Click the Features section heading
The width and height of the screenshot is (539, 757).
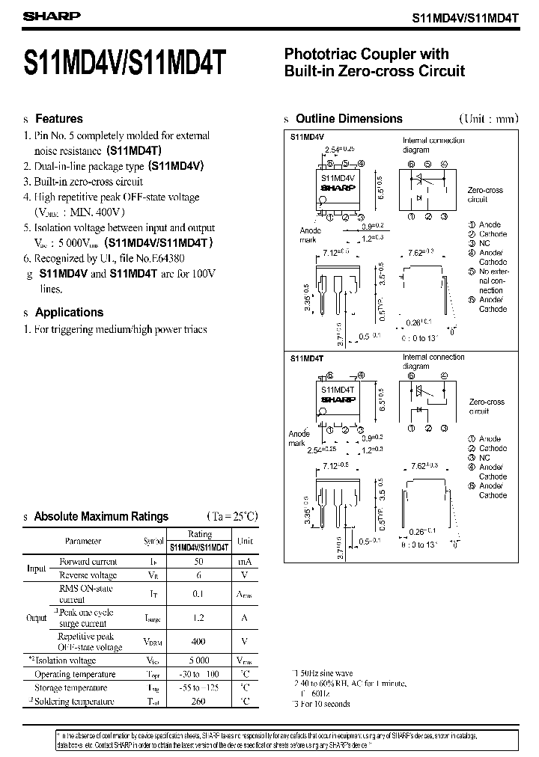(59, 119)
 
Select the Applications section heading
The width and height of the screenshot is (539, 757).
(69, 313)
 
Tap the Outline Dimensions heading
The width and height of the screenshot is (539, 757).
(349, 119)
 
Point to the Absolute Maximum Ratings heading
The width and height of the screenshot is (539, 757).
(101, 516)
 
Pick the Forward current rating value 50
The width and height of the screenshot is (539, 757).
(199, 561)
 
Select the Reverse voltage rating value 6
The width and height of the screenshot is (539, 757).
(199, 575)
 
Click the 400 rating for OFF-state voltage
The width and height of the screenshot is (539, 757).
(199, 641)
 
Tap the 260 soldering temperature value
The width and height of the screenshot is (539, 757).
(199, 702)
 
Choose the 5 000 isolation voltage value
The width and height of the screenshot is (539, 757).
(199, 661)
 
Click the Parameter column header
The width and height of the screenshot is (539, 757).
(84, 541)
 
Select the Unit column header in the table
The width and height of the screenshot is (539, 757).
(245, 541)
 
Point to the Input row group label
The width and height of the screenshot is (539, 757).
(37, 568)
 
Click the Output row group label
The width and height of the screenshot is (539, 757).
(37, 618)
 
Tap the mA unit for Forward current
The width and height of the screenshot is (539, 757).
(245, 561)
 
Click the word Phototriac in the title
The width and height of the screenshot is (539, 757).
(318, 54)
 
